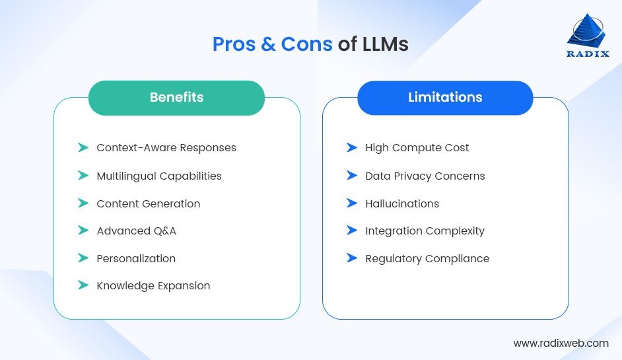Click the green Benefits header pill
click(x=176, y=98)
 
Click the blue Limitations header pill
click(x=445, y=98)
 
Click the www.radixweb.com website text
click(x=561, y=343)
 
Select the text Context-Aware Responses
click(x=166, y=148)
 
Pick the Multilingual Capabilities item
click(x=159, y=176)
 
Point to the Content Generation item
click(x=149, y=203)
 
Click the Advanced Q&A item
click(x=136, y=231)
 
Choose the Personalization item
click(x=136, y=258)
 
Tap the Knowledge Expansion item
click(x=153, y=286)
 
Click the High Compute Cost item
click(x=417, y=148)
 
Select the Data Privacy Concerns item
click(x=425, y=176)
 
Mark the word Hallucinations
click(x=401, y=203)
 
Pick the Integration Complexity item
click(x=425, y=231)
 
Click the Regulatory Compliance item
click(x=427, y=258)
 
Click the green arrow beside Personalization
click(x=83, y=258)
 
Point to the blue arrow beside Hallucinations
click(x=352, y=203)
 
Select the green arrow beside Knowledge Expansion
click(x=83, y=285)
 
